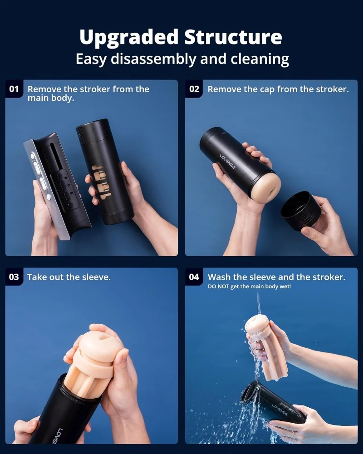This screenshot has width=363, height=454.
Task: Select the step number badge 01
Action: [15, 89]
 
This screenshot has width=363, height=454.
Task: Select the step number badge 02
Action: [194, 89]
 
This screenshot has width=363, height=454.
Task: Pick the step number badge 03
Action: [15, 277]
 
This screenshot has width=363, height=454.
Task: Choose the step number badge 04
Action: [194, 277]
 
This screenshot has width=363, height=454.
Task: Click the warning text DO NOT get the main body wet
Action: [249, 286]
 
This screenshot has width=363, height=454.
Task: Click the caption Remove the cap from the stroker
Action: [278, 89]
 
